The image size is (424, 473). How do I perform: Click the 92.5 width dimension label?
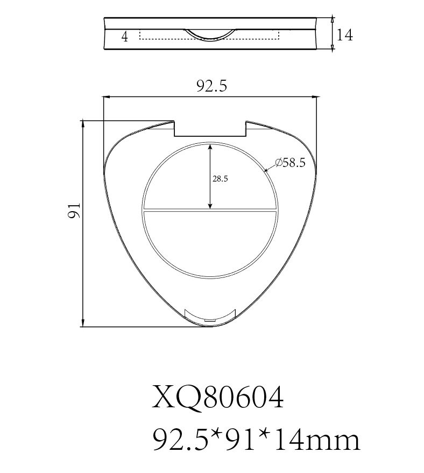[x=211, y=86]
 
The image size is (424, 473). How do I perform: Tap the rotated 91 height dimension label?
[x=74, y=210]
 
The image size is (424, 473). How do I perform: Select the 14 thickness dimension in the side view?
[x=344, y=35]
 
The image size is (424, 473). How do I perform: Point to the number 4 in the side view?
[x=124, y=37]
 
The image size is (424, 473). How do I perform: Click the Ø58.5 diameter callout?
[x=290, y=163]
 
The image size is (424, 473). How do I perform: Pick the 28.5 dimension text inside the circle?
[x=220, y=179]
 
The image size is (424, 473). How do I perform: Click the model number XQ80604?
[x=217, y=398]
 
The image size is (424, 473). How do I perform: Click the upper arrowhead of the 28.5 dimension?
[x=210, y=147]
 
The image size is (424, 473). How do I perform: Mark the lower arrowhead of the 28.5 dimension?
[x=210, y=205]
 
